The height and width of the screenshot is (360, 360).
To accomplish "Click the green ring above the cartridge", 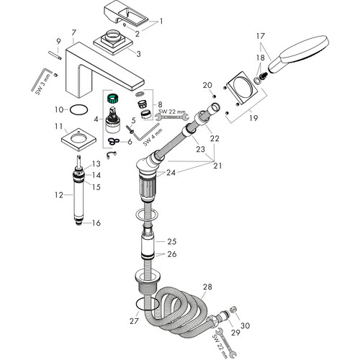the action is pyautogui.click(x=113, y=99).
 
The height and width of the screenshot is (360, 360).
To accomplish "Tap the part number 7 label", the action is pyautogui.click(x=73, y=32).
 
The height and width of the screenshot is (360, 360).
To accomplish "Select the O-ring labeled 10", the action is pyautogui.click(x=78, y=110).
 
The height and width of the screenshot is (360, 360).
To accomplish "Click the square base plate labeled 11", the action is pyautogui.click(x=78, y=139).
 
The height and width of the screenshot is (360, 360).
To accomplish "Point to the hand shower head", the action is pyautogui.click(x=299, y=53).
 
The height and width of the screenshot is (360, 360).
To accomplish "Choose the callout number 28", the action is pyautogui.click(x=207, y=287).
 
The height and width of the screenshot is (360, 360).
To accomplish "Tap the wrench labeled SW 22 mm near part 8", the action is pyautogui.click(x=172, y=117).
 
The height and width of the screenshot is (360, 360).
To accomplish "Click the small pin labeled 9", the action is pyautogui.click(x=55, y=55).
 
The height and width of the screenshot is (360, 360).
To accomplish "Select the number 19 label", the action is pyautogui.click(x=253, y=118).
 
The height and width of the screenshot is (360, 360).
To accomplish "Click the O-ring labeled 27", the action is pyautogui.click(x=147, y=305).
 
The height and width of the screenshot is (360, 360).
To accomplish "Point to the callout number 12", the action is pyautogui.click(x=58, y=195).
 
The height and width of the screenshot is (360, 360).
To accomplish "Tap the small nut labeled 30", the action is pyautogui.click(x=233, y=310).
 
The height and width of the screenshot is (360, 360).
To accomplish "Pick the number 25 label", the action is pyautogui.click(x=172, y=241).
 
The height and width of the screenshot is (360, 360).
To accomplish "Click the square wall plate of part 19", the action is pyautogui.click(x=242, y=88).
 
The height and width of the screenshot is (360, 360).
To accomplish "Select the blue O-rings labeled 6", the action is pyautogui.click(x=113, y=141).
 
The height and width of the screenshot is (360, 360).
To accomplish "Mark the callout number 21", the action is pyautogui.click(x=217, y=166).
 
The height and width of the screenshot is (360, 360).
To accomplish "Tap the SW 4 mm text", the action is pyautogui.click(x=153, y=137).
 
